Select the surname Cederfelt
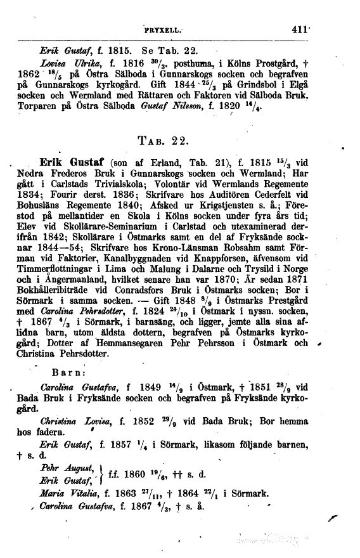coord(302,203)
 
